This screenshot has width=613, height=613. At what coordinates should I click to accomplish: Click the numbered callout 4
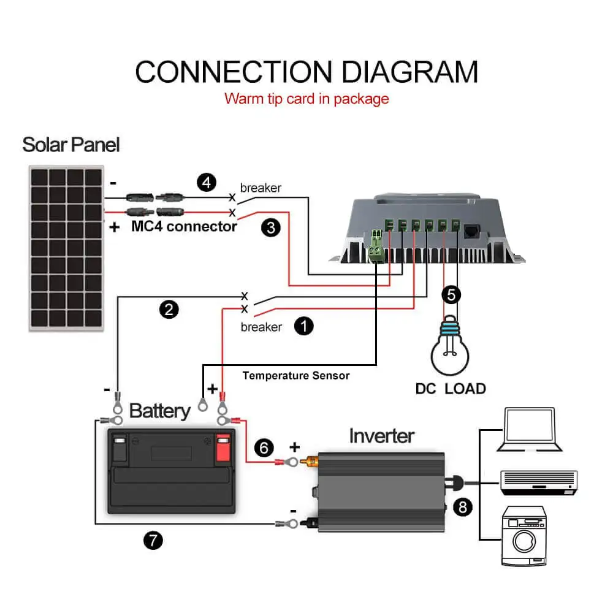[207, 183]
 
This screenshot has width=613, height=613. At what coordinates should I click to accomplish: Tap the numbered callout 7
[153, 540]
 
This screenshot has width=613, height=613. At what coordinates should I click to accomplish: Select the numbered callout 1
[304, 326]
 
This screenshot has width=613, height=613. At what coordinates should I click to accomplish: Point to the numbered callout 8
[462, 507]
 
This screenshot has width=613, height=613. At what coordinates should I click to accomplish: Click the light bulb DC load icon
[450, 346]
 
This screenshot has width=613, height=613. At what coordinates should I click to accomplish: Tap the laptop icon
[530, 429]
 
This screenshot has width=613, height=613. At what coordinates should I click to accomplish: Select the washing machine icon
[524, 536]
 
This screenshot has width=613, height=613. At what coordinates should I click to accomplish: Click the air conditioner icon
[539, 482]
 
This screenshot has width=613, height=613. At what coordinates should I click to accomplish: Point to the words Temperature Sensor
[296, 375]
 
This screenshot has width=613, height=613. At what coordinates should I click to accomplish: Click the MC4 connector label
[184, 226]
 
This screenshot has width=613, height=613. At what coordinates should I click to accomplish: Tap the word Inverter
[381, 435]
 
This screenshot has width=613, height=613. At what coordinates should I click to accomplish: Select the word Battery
[160, 411]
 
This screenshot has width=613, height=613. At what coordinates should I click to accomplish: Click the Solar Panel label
[70, 145]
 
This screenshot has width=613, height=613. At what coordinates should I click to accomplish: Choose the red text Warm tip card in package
[306, 99]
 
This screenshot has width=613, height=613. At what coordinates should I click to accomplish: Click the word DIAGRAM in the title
[410, 72]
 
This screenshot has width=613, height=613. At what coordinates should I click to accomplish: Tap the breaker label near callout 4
[261, 188]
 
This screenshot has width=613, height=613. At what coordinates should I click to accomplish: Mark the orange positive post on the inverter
[309, 462]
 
